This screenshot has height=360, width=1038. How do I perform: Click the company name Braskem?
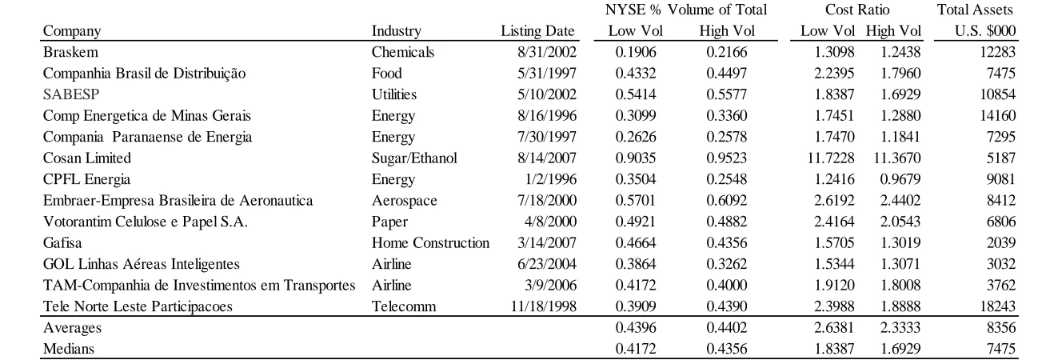tap(70, 52)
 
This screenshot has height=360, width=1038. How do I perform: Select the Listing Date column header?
tap(537, 31)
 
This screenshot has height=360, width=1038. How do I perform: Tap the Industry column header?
tap(397, 31)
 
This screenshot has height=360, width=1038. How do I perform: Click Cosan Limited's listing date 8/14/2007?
tap(547, 158)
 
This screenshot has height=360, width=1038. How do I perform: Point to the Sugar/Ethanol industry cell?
tap(414, 158)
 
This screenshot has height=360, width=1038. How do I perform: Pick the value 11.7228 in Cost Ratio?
tap(831, 158)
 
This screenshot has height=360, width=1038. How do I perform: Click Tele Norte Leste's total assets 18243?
tap(997, 306)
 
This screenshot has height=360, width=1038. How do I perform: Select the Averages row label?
tap(72, 328)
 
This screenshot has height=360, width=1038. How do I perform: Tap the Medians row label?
tap(69, 349)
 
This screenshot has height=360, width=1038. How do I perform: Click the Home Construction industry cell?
tap(430, 242)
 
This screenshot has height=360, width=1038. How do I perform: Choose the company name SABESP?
tap(71, 94)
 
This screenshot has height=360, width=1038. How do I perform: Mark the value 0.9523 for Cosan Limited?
tap(727, 158)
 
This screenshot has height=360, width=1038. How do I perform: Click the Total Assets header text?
tap(975, 10)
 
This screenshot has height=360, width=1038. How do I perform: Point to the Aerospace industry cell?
tap(404, 201)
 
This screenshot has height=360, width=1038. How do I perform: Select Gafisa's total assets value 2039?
tap(1001, 242)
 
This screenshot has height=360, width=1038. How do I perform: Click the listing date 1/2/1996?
tap(550, 179)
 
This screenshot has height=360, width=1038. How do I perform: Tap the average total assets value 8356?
tap(1001, 327)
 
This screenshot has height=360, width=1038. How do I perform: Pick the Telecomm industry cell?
tap(404, 306)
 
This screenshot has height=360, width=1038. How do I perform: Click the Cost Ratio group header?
tap(857, 10)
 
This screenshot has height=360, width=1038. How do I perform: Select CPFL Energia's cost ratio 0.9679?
tap(900, 179)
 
